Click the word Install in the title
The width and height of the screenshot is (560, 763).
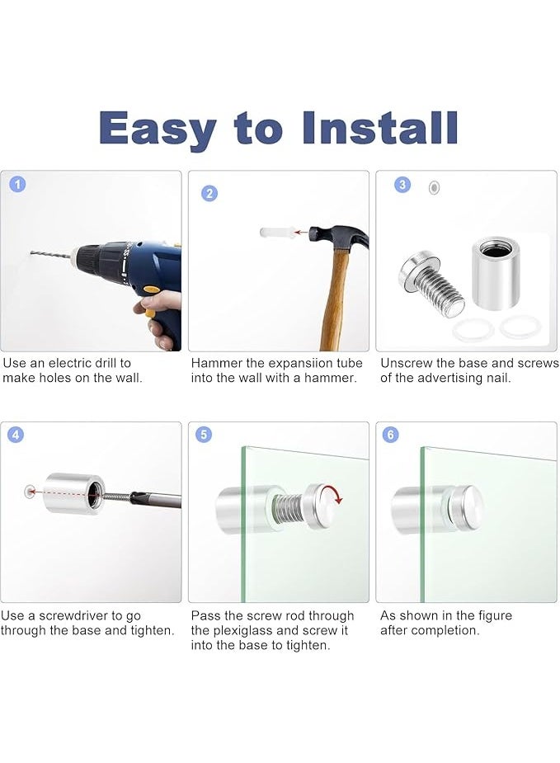[x=379, y=128]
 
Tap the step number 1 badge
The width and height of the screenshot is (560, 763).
[x=18, y=185]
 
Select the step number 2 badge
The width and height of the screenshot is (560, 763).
[x=209, y=194]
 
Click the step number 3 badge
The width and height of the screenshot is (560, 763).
[x=402, y=185]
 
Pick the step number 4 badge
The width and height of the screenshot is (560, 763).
[x=16, y=434]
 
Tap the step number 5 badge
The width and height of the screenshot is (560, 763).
[x=204, y=434]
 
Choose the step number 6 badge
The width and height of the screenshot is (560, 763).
[x=391, y=434]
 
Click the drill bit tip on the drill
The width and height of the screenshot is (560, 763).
[x=31, y=252]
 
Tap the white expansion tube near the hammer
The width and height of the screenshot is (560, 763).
[x=275, y=233]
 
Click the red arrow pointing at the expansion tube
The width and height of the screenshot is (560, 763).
[x=302, y=233]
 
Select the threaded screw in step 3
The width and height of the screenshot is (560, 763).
[x=431, y=282]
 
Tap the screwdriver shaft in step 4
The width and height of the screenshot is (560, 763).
[x=156, y=499]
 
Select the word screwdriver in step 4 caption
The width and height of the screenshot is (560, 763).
[x=81, y=616]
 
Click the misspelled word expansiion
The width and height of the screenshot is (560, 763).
[x=299, y=364]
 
